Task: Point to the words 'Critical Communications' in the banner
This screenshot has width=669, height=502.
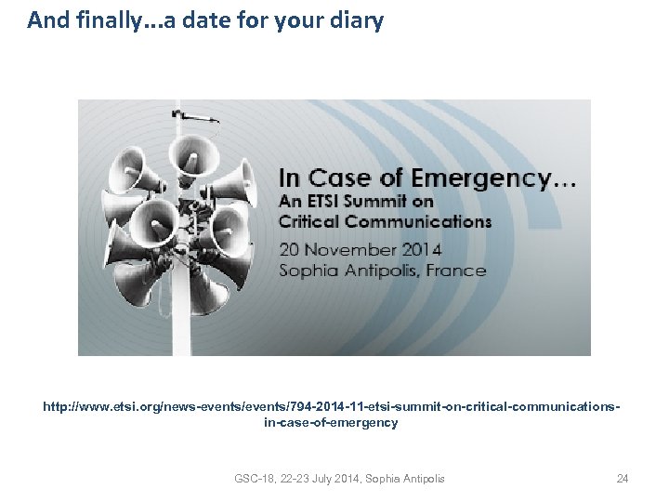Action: pyautogui.click(x=385, y=221)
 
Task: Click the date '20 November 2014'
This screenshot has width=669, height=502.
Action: pyautogui.click(x=361, y=249)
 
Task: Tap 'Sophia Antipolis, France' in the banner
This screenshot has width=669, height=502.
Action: pyautogui.click(x=383, y=271)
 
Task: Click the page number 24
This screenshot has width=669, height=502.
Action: pyautogui.click(x=623, y=479)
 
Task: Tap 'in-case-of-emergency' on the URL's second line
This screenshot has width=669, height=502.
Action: pyautogui.click(x=331, y=423)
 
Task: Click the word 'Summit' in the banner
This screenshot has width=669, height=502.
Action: pyautogui.click(x=381, y=201)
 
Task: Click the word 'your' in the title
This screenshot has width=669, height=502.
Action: pyautogui.click(x=304, y=20)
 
